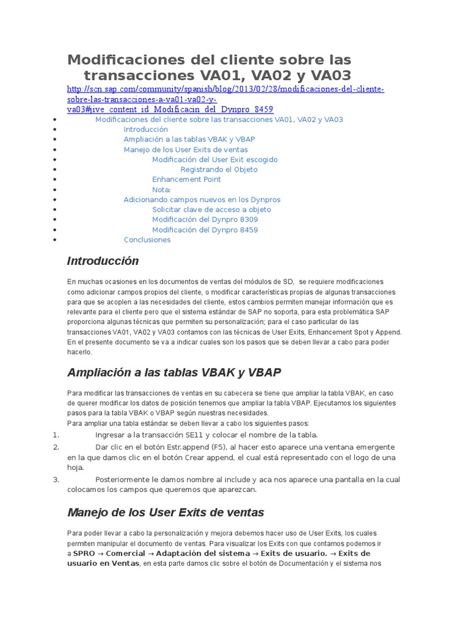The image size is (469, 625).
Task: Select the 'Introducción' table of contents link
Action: click(145, 129)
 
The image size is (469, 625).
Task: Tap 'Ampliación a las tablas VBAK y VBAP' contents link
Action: click(189, 139)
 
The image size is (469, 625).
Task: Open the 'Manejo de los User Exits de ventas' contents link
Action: click(186, 150)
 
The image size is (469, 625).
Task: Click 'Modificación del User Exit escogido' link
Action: click(214, 159)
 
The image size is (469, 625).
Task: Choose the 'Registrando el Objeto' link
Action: click(219, 170)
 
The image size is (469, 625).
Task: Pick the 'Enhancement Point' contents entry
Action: click(186, 179)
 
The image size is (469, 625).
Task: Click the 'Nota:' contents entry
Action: click(161, 190)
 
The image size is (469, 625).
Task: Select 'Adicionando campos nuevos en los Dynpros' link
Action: click(202, 200)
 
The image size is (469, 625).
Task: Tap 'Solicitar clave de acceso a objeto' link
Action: click(211, 209)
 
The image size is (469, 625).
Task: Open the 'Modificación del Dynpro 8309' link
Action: click(205, 220)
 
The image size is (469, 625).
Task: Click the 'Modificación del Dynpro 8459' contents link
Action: click(205, 229)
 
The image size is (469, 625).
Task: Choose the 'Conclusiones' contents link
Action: click(147, 240)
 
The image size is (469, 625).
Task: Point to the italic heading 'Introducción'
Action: click(103, 261)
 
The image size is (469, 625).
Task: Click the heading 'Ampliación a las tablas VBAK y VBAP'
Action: click(174, 372)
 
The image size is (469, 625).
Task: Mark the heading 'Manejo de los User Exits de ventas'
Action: click(165, 512)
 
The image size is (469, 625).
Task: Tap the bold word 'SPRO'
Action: click(84, 554)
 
